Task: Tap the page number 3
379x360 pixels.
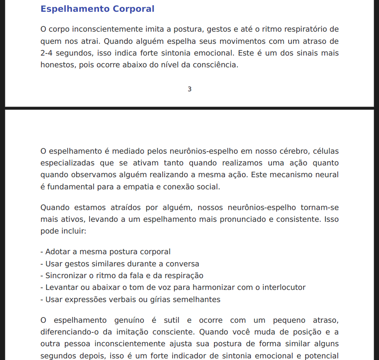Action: point(189,89)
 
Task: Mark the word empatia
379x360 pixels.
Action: point(137,187)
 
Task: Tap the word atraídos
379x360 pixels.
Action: point(128,208)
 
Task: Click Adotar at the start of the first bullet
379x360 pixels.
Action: point(58,252)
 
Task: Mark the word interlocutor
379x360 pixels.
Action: point(284,287)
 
